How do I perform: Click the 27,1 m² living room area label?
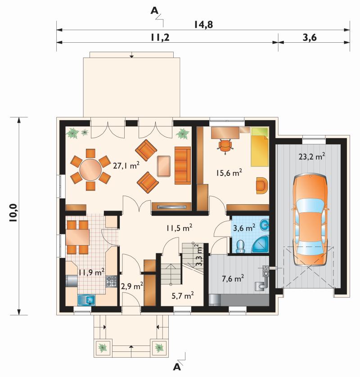(126, 166)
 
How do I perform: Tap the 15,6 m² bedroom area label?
(229, 172)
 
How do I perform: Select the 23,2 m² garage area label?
(312, 156)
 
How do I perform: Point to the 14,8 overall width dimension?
(203, 25)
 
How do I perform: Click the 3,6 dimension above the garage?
(310, 37)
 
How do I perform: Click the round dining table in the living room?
(90, 170)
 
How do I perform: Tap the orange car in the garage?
(310, 220)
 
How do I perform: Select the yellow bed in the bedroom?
(260, 147)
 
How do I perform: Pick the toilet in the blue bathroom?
(240, 246)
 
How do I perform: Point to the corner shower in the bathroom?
(260, 244)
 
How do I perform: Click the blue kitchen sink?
(86, 300)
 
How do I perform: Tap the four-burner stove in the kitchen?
(111, 281)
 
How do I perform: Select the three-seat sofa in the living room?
(183, 166)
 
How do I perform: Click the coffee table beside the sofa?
(164, 166)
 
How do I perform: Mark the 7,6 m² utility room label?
(233, 278)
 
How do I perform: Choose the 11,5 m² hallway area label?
(179, 228)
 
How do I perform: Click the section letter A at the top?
(154, 11)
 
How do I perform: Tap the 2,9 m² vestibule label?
(132, 286)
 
